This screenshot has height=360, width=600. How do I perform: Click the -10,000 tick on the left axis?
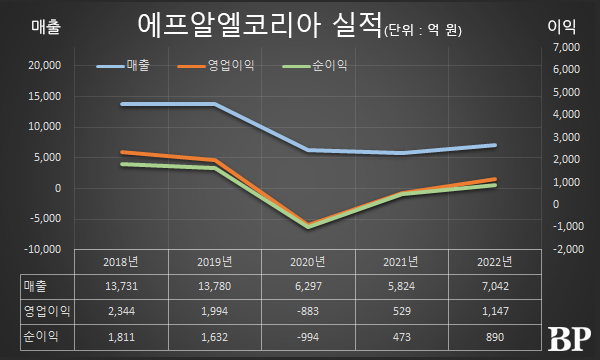(x=41, y=249)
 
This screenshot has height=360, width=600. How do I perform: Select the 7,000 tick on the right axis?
(x=565, y=47)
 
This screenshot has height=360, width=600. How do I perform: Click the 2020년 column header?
(x=307, y=262)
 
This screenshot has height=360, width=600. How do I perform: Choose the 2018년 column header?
(x=120, y=262)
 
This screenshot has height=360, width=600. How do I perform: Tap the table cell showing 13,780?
(x=214, y=286)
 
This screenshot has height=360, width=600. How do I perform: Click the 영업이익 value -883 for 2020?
(x=307, y=311)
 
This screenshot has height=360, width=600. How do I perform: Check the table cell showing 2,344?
(x=120, y=311)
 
